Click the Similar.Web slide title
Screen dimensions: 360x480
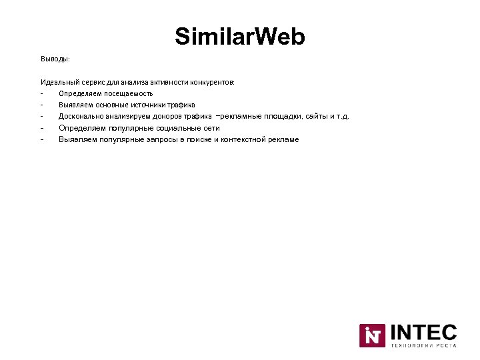(x=240, y=37)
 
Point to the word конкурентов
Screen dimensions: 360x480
(x=211, y=83)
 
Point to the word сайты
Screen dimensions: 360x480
(x=317, y=116)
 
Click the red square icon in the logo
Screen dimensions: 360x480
(x=372, y=335)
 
